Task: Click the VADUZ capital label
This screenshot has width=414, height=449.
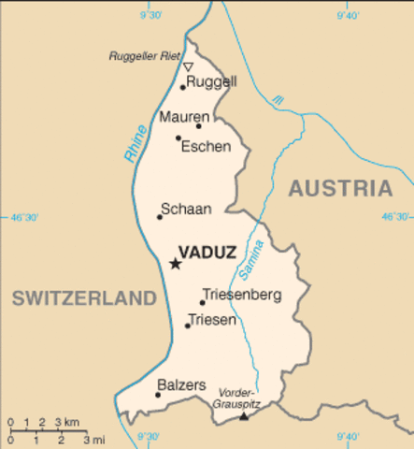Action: point(208,252)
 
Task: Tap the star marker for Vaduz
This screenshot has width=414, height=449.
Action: point(175,264)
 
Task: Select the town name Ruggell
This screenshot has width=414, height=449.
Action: point(211,82)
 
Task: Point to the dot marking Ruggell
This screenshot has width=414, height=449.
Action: point(183,87)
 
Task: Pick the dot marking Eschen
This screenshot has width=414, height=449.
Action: point(178,138)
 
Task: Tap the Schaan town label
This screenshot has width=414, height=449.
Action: point(186,209)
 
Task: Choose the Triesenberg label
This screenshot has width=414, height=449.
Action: point(241,295)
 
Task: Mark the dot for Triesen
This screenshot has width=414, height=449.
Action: point(187,325)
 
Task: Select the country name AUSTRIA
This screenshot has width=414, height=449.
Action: point(339,189)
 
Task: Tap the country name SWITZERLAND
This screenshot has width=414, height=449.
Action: point(83,298)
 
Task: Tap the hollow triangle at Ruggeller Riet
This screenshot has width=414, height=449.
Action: point(188,67)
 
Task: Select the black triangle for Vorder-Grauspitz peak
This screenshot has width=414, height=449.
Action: point(244,414)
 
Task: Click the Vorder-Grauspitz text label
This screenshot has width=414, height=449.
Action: point(238,398)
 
